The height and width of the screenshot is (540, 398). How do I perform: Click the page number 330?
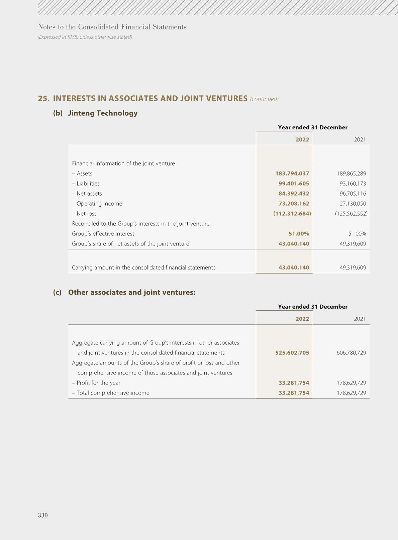(43, 515)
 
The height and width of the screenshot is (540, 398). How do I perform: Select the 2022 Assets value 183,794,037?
(292, 174)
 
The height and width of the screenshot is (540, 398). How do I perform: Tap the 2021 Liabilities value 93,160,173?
(353, 184)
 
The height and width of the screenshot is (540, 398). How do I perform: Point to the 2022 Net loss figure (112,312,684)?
(292, 214)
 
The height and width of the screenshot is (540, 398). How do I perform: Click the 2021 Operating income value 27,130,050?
(353, 204)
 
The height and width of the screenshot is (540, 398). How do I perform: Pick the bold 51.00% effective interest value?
(299, 234)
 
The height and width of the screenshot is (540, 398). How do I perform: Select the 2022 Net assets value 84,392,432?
(294, 194)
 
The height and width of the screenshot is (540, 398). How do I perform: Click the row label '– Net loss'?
(84, 214)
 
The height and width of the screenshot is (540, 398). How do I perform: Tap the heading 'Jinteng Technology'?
(103, 113)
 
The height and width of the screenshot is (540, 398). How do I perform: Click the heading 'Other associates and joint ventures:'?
(132, 292)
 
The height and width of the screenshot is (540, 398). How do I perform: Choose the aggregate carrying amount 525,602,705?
(292, 353)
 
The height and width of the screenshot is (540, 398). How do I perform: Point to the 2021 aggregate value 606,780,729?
(351, 353)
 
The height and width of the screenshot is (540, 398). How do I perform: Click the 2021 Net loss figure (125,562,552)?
(351, 214)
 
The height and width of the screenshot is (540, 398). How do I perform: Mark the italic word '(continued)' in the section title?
(264, 99)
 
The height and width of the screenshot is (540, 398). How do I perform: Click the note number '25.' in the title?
(44, 98)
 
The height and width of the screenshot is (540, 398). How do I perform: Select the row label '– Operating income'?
(97, 204)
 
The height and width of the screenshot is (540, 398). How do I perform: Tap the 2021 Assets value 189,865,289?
(351, 174)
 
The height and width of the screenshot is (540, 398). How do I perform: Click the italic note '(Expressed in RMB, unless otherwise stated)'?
(85, 37)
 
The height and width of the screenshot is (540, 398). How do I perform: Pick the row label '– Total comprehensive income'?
(111, 393)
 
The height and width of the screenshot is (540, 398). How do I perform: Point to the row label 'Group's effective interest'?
(103, 234)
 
